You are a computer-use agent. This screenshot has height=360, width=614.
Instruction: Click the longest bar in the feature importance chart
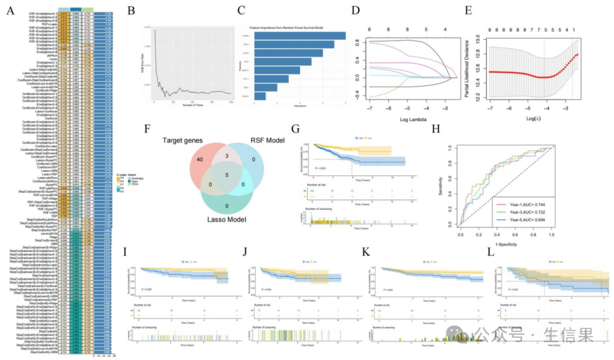pyautogui.click(x=298, y=35)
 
